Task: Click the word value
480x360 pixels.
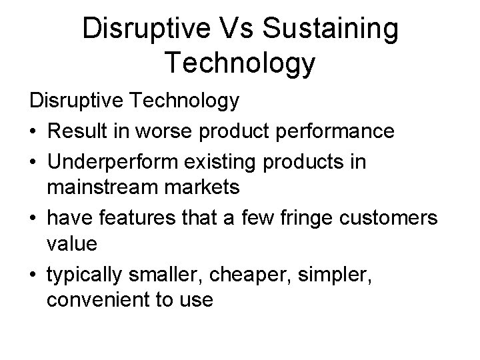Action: pyautogui.click(x=72, y=244)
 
